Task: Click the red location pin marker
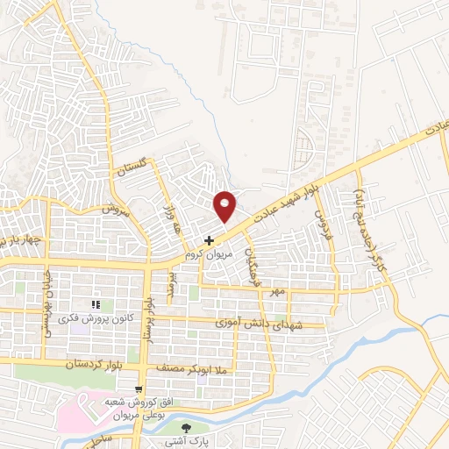point(225,204)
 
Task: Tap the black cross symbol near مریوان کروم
point(209,240)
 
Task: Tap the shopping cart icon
point(139,389)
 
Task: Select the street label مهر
point(277,290)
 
